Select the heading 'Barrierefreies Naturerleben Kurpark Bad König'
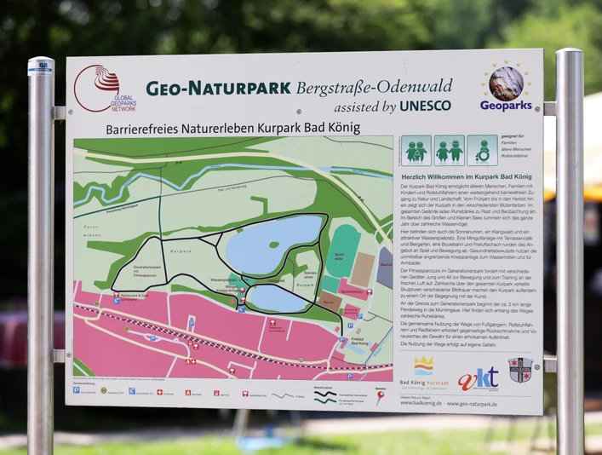232,128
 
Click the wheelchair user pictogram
483,151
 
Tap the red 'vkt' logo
479,378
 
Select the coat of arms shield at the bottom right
520,370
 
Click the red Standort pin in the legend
380,398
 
